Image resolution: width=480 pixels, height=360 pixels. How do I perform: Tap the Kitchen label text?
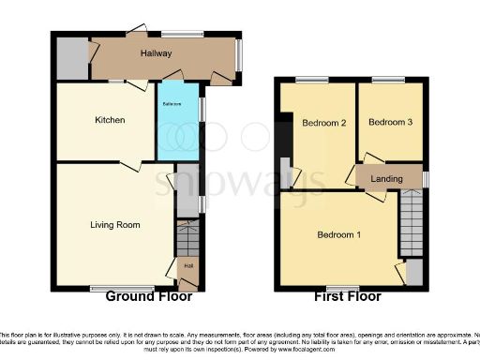(111, 120)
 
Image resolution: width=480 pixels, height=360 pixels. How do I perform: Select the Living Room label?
(114, 225)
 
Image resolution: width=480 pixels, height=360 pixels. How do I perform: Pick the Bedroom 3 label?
(389, 123)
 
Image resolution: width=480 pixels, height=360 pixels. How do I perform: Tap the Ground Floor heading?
(148, 296)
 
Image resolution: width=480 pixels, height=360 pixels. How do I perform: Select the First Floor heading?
(347, 296)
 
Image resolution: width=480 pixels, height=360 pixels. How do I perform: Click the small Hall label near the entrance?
(188, 266)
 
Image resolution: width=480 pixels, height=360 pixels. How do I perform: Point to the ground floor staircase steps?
(187, 234)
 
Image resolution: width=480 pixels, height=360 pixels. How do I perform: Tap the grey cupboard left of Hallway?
(71, 59)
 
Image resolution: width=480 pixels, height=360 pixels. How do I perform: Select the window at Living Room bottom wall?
(110, 288)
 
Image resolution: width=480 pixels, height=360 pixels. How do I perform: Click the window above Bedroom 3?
(387, 80)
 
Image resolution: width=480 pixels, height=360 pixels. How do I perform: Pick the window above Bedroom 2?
(313, 80)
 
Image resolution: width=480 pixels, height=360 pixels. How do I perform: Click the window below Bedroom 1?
(342, 287)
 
